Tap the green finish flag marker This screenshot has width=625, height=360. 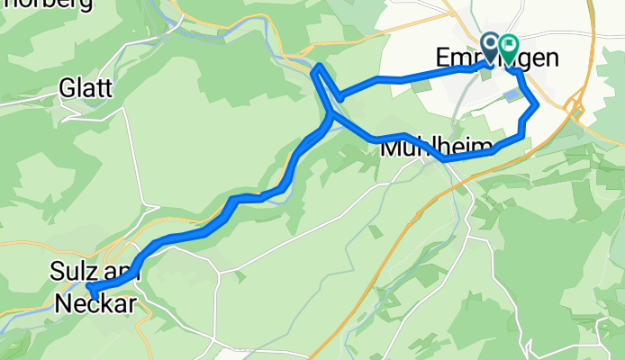pos(509,46)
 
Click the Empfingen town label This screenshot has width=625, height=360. pos(509,58)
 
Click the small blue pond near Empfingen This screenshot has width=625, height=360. pos(512,93)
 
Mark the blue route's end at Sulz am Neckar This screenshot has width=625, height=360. pos(91,288)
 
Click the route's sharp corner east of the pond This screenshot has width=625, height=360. pos(538,105)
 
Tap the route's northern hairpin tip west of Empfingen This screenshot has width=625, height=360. pos(318,67)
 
